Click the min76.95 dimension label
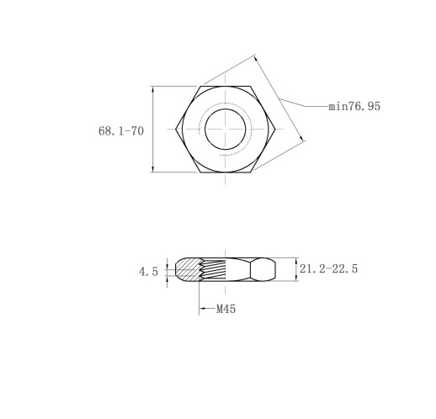[354, 106]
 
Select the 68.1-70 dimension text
[121, 131]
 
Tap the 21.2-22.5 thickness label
[328, 268]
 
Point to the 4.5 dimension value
[148, 272]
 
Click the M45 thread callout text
[226, 309]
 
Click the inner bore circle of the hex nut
[205, 129]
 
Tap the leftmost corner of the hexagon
[176, 129]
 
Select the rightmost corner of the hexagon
[275, 129]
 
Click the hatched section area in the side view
[188, 269]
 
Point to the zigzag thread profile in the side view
[201, 270]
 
